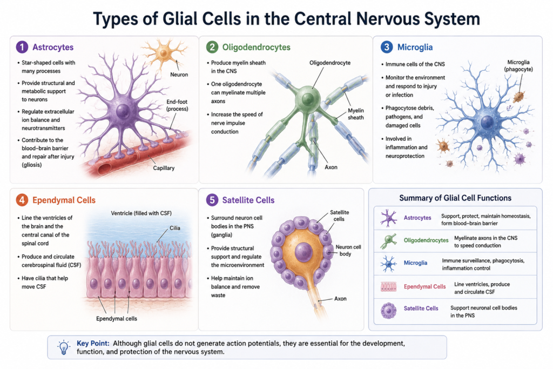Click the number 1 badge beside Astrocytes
coord(22,47)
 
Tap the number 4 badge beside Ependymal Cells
coord(22,200)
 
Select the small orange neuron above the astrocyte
coord(164,53)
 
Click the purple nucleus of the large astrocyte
coord(123,111)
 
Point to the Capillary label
coord(164,168)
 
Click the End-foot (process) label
coord(177,105)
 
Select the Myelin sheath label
coord(355,114)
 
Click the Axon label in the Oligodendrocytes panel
coord(331,167)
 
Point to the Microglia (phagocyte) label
coord(518,65)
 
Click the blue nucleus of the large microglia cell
coord(488,123)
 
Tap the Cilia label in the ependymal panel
coord(175,228)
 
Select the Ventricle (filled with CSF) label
coord(141,213)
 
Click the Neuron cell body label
coord(348,250)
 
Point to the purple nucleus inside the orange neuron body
coord(304,252)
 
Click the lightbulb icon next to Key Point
coord(64,347)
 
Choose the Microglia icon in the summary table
coord(388,264)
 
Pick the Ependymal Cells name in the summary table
coord(424,286)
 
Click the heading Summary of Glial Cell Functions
coord(455,198)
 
